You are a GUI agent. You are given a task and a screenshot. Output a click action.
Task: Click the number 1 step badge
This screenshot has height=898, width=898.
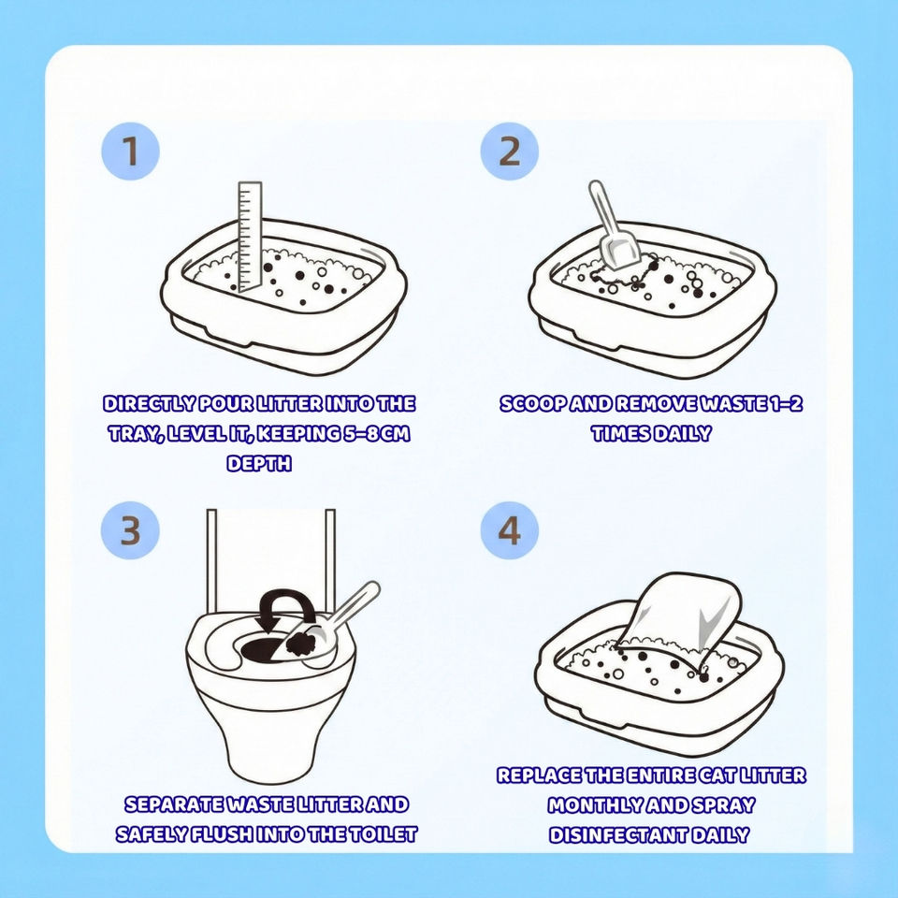pyautogui.click(x=131, y=151)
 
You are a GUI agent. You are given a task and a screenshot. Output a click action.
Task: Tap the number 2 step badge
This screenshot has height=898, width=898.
pyautogui.click(x=509, y=151)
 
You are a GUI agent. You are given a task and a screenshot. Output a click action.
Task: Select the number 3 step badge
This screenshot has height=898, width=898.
pyautogui.click(x=130, y=530)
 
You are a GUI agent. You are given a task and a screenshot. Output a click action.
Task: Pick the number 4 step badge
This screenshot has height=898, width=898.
pyautogui.click(x=509, y=530)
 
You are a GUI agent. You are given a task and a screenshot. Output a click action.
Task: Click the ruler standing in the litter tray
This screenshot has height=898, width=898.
pyautogui.click(x=250, y=236)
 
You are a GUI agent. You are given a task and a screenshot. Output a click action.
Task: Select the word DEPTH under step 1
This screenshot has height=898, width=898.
pyautogui.click(x=259, y=463)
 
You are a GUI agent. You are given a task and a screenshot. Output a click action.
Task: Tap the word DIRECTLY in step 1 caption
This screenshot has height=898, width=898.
pyautogui.click(x=149, y=404)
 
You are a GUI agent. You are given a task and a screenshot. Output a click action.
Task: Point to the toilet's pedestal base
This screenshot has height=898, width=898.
pyautogui.click(x=270, y=745)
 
